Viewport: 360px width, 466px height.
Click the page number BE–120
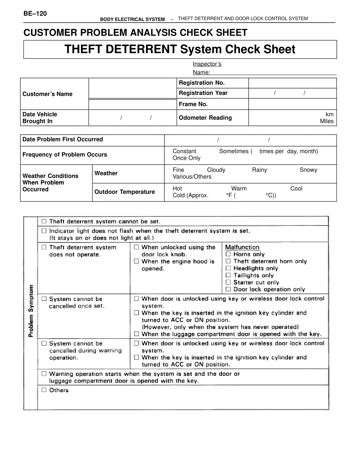35,14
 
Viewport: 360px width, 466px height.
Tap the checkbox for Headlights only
228,268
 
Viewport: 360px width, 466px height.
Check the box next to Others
44,390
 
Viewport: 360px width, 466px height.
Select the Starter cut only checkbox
228,282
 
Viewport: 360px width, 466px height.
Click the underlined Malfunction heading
242,247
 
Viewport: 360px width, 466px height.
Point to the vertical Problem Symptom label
31,311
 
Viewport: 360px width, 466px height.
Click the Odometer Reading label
205,118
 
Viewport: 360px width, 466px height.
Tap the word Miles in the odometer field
327,121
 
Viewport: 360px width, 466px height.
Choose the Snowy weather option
308,170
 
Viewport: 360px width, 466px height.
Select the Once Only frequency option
186,158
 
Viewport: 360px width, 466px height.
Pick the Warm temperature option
239,189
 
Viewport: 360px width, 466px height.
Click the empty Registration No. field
292,83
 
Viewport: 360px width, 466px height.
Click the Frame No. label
193,104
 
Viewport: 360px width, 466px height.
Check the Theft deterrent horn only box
228,261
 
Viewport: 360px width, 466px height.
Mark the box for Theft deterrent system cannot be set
44,221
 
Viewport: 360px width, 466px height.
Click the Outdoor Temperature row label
125,192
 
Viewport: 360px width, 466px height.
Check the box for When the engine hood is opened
136,261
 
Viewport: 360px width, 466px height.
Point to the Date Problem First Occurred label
63,139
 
